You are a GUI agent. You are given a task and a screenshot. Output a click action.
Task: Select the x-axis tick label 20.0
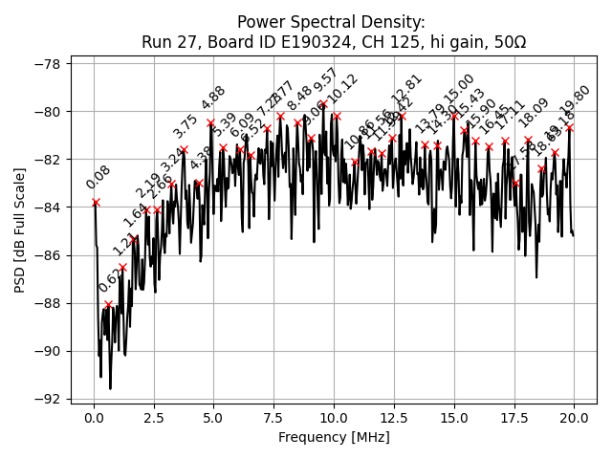tap(574, 418)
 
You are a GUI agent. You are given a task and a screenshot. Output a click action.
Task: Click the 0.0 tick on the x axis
tap(94, 418)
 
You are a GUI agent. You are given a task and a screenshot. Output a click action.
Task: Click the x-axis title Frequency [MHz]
tap(334, 437)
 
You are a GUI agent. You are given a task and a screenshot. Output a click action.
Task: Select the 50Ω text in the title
tap(506, 42)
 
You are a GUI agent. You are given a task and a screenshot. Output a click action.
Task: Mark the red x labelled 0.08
tap(96, 202)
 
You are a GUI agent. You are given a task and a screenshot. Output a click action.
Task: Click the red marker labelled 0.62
tap(108, 304)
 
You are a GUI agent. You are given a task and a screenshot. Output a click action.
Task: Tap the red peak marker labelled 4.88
tap(210, 122)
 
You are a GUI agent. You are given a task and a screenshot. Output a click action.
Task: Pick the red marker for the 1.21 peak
tap(122, 267)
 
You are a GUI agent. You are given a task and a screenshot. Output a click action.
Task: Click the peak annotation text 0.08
tap(98, 178)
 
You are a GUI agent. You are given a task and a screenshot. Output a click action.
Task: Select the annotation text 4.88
tap(213, 98)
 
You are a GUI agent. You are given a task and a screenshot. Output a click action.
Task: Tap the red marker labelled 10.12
tap(337, 116)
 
